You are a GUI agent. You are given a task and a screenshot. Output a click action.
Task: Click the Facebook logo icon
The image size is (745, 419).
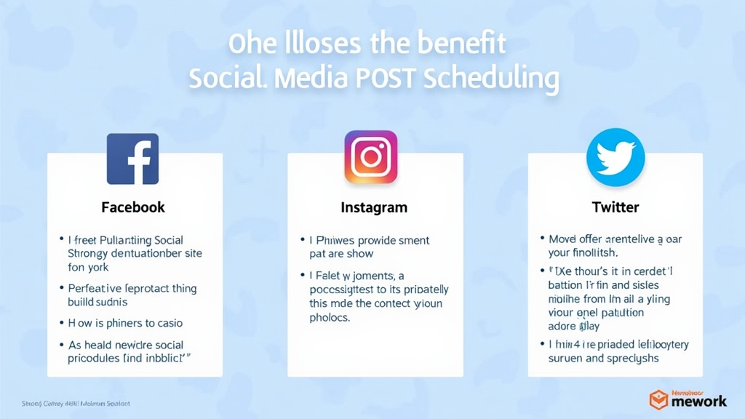click(x=132, y=159)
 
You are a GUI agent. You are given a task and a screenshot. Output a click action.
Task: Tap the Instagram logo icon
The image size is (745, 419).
click(x=371, y=157)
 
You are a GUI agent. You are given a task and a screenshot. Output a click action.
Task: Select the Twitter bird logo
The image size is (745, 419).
click(x=615, y=157)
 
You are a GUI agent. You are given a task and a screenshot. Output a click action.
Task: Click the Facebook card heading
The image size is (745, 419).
click(x=133, y=207)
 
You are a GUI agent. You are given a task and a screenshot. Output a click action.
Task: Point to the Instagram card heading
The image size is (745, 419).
click(x=374, y=207)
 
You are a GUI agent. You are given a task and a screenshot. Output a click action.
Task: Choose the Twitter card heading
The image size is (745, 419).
click(x=615, y=207)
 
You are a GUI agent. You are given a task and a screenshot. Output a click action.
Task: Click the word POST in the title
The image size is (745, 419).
click(x=383, y=78)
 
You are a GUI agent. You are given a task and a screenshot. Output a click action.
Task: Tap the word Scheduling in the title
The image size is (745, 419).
click(x=490, y=78)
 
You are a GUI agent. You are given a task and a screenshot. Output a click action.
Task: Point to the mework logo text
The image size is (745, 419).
click(x=699, y=401)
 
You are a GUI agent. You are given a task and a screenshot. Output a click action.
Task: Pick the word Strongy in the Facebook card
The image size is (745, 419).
click(x=87, y=254)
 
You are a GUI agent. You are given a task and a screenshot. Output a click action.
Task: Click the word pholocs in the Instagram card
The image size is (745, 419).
click(x=330, y=317)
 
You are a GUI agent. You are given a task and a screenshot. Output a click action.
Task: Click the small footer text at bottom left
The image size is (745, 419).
click(x=76, y=403)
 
